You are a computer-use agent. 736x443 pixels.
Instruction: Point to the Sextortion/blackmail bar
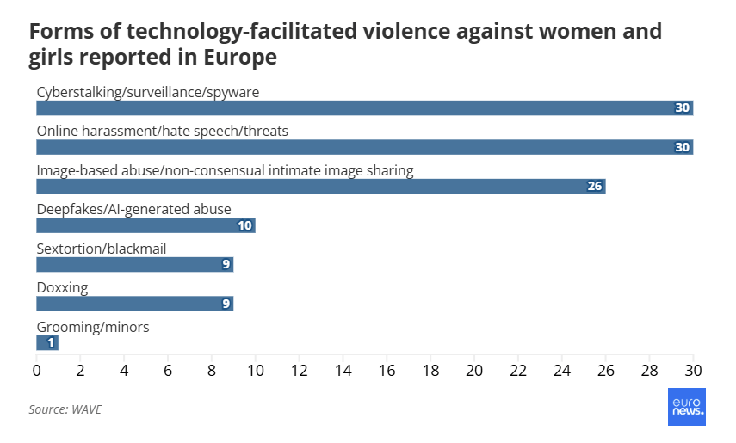(x=133, y=265)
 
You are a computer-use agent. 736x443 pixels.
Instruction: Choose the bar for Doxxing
(x=133, y=304)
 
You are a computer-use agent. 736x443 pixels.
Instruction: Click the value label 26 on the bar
(x=594, y=187)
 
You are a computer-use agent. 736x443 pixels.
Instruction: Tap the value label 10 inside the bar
(x=244, y=225)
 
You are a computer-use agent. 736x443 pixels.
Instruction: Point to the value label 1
(x=52, y=343)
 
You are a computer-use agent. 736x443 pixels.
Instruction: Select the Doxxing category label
(x=62, y=287)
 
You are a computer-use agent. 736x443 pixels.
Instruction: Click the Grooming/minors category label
(x=93, y=327)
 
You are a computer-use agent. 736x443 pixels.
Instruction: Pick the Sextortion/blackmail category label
(x=102, y=249)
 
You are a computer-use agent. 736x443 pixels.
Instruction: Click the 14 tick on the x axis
(x=343, y=371)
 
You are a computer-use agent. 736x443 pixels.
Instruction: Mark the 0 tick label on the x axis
(x=36, y=371)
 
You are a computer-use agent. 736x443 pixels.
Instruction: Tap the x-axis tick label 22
(x=518, y=371)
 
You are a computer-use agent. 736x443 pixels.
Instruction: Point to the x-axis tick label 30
(x=693, y=371)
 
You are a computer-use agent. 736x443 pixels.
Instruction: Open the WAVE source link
(x=86, y=409)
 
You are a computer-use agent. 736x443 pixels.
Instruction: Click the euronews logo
(x=687, y=407)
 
